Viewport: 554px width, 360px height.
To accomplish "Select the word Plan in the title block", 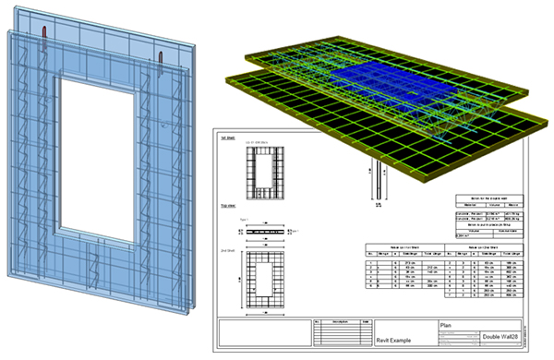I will [446, 326].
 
